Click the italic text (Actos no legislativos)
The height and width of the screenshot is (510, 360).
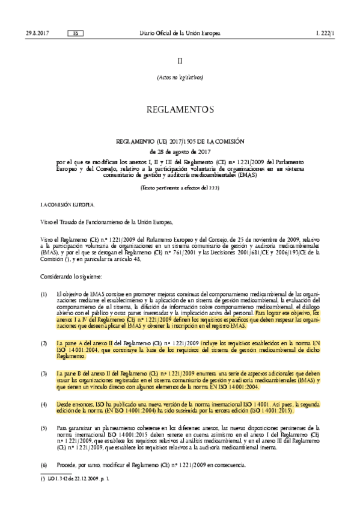point(180,77)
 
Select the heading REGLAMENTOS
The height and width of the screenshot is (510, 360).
point(180,109)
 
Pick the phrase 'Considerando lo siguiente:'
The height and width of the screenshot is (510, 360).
point(72,275)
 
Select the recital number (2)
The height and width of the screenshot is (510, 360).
point(43,342)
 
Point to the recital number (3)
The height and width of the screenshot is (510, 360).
point(43,373)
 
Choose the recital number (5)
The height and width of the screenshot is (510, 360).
point(43,426)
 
